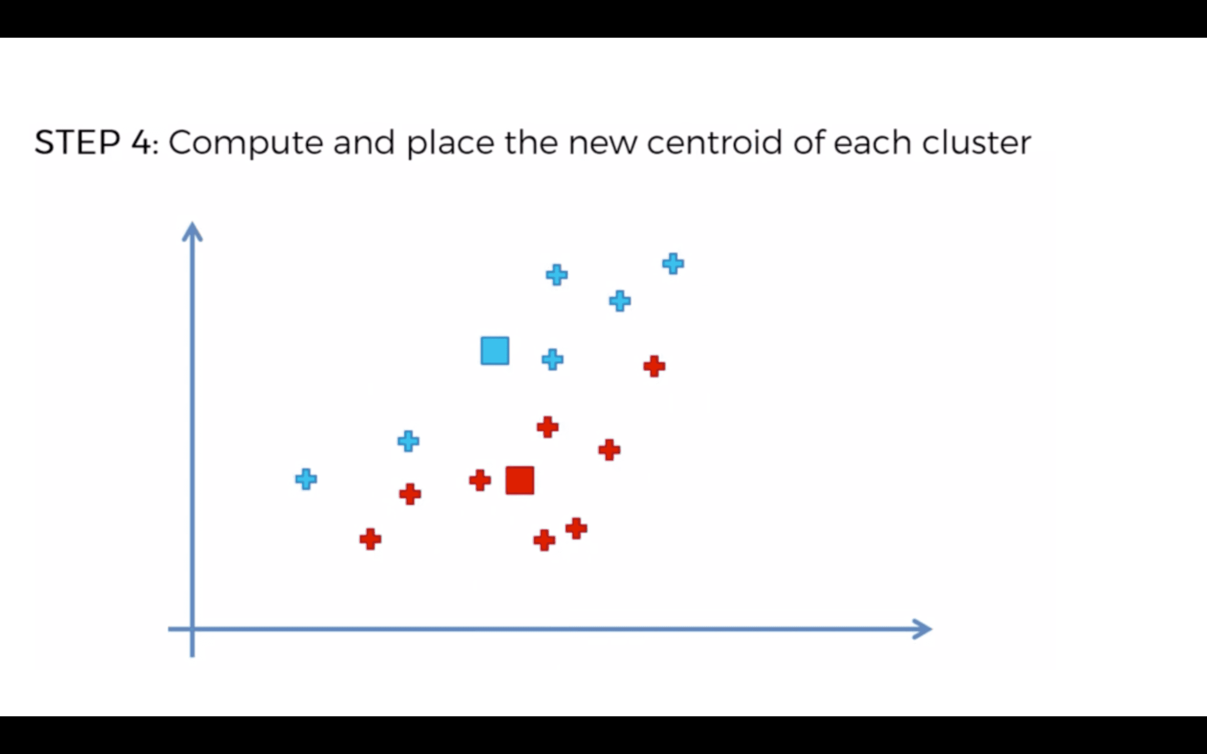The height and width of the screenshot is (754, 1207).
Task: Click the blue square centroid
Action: pos(495,351)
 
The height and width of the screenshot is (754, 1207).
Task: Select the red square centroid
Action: pos(520,480)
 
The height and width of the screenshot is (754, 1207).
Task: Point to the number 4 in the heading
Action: pos(141,142)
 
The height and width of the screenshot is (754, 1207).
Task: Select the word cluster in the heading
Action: pos(976,142)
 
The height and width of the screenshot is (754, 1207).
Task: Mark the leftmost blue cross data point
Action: pos(306,479)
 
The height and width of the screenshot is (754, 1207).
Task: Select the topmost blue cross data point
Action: pos(673,263)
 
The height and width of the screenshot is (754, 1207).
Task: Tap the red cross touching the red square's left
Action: pos(480,480)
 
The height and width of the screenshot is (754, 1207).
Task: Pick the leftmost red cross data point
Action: pos(370,539)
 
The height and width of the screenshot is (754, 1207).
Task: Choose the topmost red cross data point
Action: pos(654,366)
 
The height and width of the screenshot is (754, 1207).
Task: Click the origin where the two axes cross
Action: pos(192,629)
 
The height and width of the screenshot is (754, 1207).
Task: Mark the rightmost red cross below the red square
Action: pos(576,529)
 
